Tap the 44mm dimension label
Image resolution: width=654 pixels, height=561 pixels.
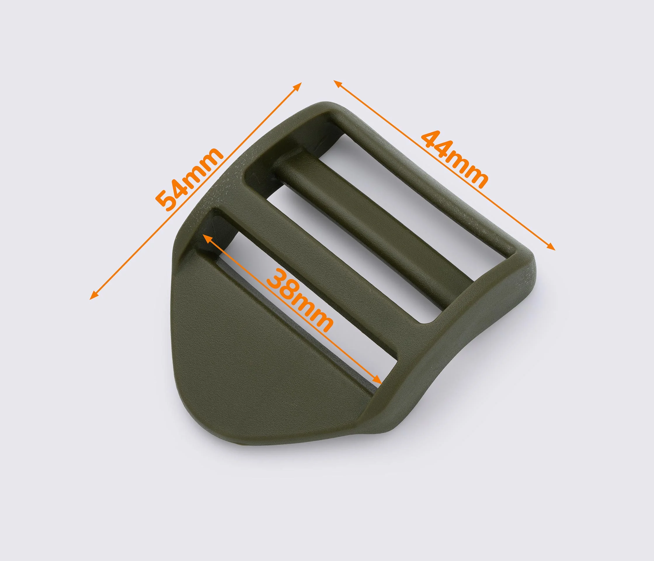tap(455, 159)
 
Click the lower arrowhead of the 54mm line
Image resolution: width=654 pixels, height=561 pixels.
tap(94, 295)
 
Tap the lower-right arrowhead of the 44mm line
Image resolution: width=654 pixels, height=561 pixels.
tap(550, 246)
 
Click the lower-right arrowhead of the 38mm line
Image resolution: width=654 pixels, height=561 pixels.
tap(378, 379)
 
